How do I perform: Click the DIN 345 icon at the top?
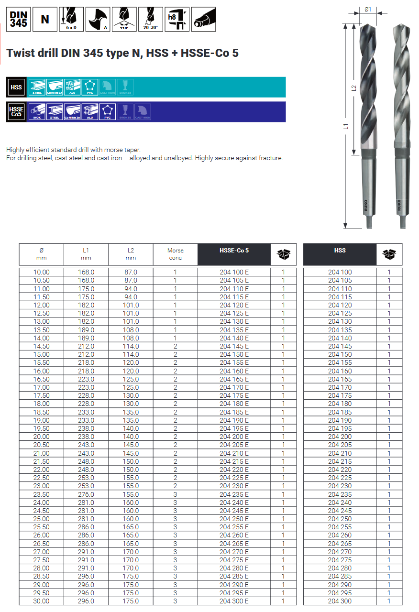tap(19, 19)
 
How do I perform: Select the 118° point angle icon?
tap(124, 19)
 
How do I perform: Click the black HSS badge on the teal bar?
tap(17, 87)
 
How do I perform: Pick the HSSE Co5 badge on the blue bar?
tap(17, 112)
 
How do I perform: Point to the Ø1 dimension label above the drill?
tap(368, 9)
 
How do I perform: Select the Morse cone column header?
tap(175, 254)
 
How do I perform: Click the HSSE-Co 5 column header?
tap(234, 251)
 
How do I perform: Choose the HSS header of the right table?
tap(340, 251)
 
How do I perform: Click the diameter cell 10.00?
tap(42, 272)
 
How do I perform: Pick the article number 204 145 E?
tap(234, 346)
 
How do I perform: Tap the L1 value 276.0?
tap(86, 494)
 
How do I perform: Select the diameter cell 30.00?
tap(42, 601)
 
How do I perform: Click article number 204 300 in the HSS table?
tap(340, 601)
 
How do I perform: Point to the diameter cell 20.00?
tap(42, 437)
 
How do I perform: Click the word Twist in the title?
tap(21, 53)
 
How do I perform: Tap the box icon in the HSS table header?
tap(389, 254)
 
